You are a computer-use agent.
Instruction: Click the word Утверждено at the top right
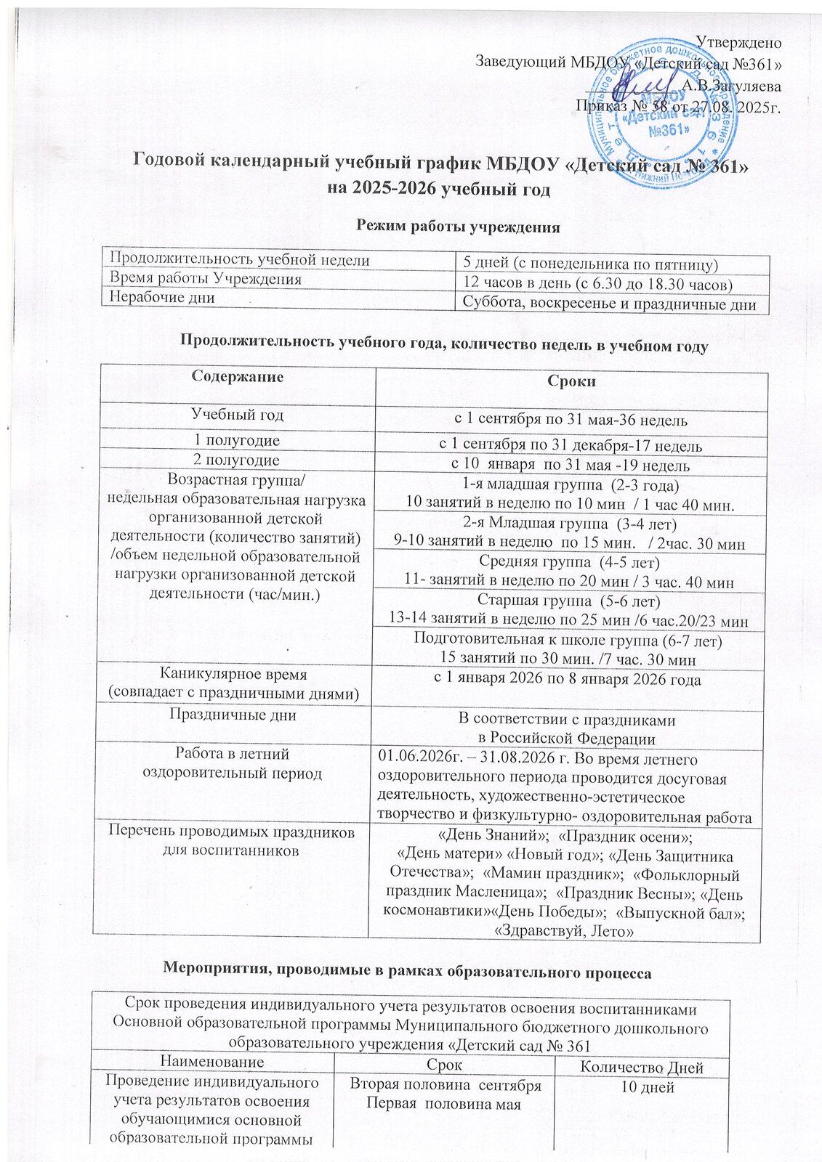739,42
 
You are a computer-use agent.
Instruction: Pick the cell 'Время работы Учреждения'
205,279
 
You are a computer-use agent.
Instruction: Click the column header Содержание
237,377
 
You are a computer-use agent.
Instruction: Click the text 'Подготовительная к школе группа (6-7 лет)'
568,640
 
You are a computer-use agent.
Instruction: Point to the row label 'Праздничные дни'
233,715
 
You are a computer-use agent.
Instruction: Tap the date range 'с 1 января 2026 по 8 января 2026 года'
568,680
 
